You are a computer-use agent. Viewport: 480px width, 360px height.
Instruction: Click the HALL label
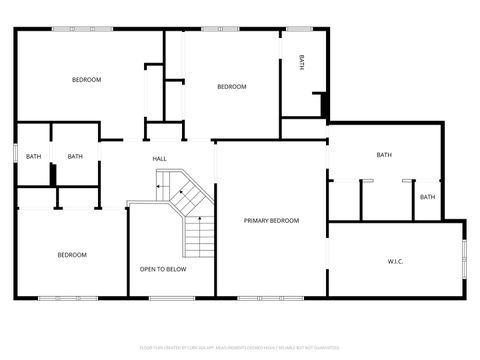click(159, 159)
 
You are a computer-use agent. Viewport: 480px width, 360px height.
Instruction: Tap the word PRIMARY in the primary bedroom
click(257, 220)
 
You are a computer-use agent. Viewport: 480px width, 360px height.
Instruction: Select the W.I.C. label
click(395, 261)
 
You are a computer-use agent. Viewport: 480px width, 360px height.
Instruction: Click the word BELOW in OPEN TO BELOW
click(177, 269)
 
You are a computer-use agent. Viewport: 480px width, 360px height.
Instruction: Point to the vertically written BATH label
click(302, 62)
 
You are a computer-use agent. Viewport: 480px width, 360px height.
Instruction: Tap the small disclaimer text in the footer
click(240, 347)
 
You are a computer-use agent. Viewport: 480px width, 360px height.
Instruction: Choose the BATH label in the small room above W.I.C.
click(427, 197)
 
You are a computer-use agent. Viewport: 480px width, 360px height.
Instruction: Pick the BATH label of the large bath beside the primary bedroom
click(384, 155)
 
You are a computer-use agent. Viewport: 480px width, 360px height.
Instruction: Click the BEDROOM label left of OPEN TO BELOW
click(72, 255)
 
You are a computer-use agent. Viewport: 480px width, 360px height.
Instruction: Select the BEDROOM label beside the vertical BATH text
click(232, 87)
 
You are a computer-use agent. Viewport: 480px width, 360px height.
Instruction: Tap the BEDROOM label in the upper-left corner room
click(86, 80)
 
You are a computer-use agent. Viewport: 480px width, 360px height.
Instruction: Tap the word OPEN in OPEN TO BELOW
click(149, 269)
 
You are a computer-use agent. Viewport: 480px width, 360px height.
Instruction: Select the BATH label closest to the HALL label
click(75, 156)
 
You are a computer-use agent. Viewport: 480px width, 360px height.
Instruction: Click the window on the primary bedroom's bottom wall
click(270, 298)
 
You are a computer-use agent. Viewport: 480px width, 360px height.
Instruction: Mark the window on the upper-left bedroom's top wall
click(85, 28)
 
